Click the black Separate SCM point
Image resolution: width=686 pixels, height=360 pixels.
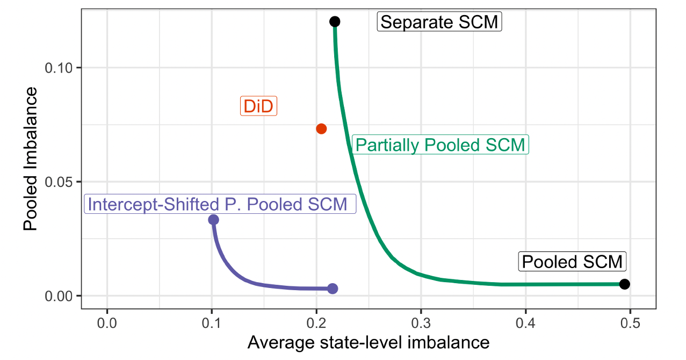335,21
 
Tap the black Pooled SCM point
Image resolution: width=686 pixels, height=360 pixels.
624,284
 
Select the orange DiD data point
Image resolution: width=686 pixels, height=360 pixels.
321,128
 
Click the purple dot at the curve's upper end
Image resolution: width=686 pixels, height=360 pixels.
213,219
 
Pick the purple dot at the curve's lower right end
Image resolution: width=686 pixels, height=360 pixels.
333,289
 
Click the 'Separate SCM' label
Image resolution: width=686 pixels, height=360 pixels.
439,23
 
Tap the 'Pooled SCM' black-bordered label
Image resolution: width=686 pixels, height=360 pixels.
573,262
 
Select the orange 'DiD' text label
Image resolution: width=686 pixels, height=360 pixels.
258,106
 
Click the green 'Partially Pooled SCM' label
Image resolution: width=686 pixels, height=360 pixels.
440,145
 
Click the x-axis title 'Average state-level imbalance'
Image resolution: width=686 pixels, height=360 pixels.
368,342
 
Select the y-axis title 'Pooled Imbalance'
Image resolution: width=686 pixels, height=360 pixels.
31,159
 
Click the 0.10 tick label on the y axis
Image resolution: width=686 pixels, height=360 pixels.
57,68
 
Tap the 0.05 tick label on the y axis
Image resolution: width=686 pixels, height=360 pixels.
57,182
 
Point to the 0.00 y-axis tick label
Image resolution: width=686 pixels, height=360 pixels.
57,296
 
